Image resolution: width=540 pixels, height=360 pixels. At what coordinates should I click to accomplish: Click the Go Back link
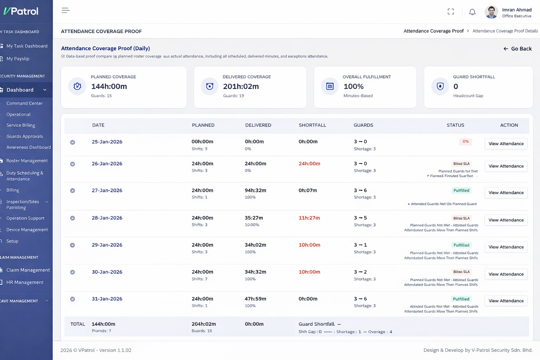tap(517, 49)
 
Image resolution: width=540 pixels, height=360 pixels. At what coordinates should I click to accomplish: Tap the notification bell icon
tap(472, 12)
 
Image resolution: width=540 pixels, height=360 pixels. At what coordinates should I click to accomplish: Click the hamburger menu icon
tap(65, 11)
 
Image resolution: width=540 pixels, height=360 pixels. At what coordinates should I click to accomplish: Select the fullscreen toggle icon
tap(451, 12)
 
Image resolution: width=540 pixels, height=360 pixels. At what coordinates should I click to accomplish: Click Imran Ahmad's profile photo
tap(491, 12)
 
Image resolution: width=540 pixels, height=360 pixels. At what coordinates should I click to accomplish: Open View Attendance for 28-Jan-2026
tap(506, 220)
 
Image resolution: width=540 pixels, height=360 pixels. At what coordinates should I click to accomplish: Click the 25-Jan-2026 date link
tap(107, 142)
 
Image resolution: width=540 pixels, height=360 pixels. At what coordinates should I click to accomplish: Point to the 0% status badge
tap(465, 142)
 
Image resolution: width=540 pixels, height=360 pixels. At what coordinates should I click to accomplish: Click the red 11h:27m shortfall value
tap(309, 218)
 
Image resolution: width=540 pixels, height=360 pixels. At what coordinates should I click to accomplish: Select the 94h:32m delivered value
tap(255, 191)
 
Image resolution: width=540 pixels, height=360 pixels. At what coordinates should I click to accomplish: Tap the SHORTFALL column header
tap(312, 125)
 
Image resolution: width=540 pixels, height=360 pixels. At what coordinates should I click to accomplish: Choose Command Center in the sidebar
tap(24, 103)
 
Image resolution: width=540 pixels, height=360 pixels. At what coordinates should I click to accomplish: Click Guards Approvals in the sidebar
tap(25, 136)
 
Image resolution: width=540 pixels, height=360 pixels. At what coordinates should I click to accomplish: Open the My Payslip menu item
tap(18, 59)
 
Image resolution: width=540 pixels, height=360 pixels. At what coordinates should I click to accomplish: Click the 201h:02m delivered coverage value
tap(241, 86)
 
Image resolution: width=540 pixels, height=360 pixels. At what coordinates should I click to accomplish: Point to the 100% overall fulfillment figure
tap(353, 86)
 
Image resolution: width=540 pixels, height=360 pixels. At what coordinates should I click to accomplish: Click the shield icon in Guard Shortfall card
tap(440, 86)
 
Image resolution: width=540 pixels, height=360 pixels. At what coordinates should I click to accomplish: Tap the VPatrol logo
tap(21, 11)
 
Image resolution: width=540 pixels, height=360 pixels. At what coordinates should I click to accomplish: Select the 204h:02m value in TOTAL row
tap(204, 324)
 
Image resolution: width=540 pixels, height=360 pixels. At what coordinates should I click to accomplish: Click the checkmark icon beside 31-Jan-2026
tap(72, 299)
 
